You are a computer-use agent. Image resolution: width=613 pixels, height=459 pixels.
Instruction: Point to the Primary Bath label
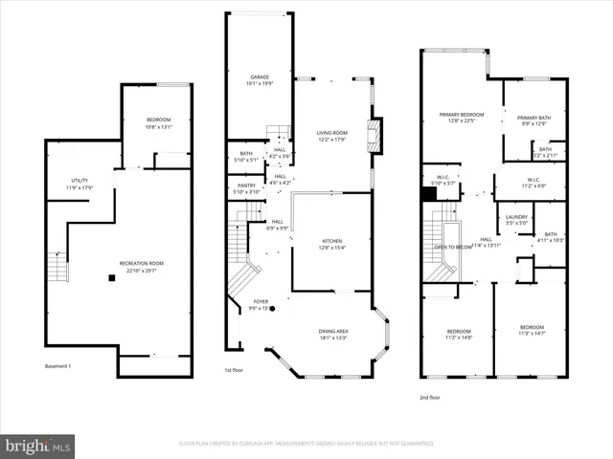[x=535, y=118]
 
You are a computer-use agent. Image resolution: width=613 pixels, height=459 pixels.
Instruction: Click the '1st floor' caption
[x=235, y=370]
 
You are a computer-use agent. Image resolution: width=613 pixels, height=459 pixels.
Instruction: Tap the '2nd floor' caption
[x=431, y=397]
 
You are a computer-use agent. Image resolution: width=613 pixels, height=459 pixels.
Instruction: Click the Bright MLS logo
[x=37, y=445]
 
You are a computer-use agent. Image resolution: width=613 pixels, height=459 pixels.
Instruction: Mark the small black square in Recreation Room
[x=112, y=278]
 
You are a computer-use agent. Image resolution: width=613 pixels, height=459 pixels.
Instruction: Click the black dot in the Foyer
[x=272, y=309]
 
